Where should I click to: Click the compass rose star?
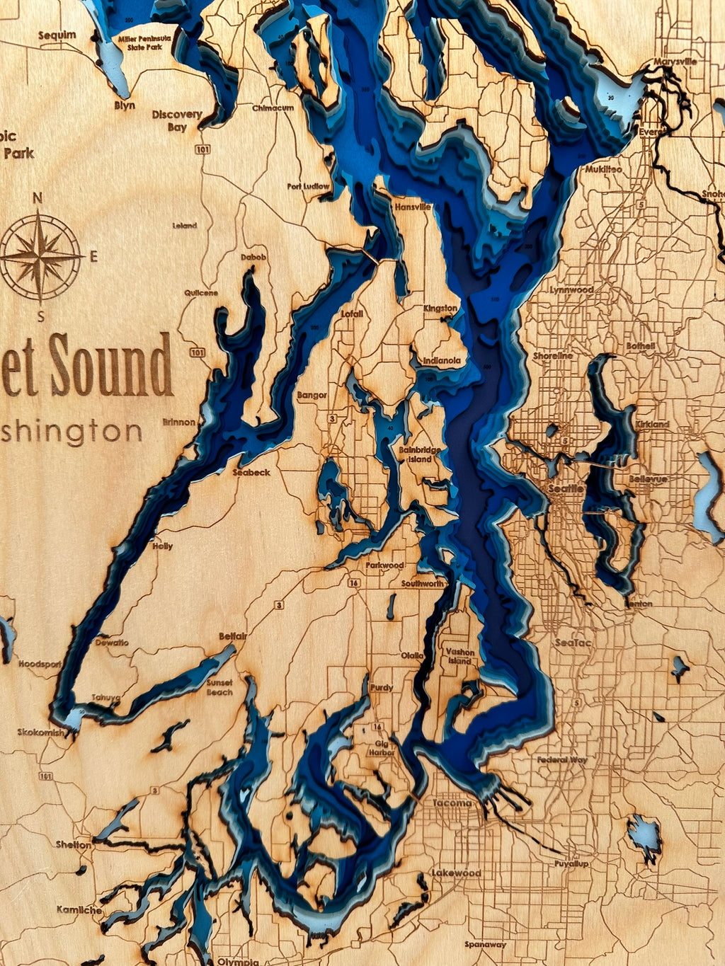pyautogui.click(x=40, y=255)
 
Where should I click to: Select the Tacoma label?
pyautogui.click(x=452, y=803)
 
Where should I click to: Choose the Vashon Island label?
pyautogui.click(x=459, y=656)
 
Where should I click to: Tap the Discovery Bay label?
pyautogui.click(x=177, y=120)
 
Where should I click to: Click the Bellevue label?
pyautogui.click(x=648, y=479)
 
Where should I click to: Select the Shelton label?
pyautogui.click(x=74, y=844)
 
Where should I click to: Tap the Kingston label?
pyautogui.click(x=440, y=309)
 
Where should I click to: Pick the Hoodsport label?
pyautogui.click(x=40, y=665)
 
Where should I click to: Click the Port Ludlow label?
pyautogui.click(x=309, y=187)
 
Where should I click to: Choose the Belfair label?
pyautogui.click(x=232, y=637)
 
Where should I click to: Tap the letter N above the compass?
pyautogui.click(x=38, y=198)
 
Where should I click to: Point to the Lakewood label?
pyautogui.click(x=456, y=873)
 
